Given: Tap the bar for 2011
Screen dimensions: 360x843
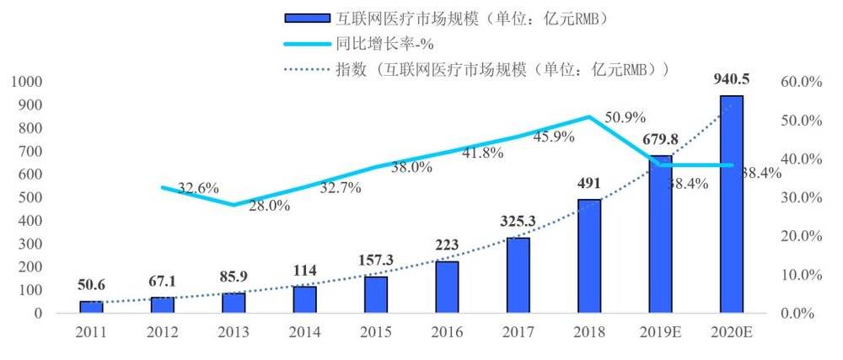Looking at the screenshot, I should (x=90, y=307).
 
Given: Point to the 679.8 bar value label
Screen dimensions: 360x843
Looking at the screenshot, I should (x=660, y=140).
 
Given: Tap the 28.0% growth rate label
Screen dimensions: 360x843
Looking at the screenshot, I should (x=270, y=205).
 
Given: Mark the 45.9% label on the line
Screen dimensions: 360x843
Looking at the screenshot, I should (x=554, y=136).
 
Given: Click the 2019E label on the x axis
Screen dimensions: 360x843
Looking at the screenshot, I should (x=660, y=332).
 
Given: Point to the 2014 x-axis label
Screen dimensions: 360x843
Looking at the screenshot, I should (x=304, y=332).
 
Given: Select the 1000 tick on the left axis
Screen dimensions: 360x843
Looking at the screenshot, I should (x=25, y=82).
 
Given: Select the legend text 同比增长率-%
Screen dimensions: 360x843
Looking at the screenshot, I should (x=409, y=43).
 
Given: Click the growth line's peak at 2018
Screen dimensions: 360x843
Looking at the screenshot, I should (x=589, y=116).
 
